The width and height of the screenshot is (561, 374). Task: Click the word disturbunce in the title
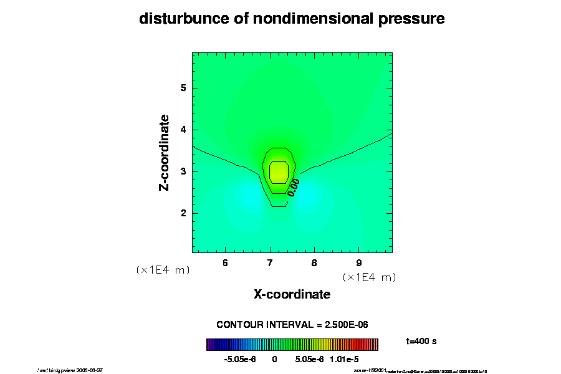pyautogui.click(x=178, y=19)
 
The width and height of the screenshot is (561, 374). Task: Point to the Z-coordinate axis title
pyautogui.click(x=165, y=153)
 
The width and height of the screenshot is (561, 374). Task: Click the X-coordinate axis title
pyautogui.click(x=292, y=294)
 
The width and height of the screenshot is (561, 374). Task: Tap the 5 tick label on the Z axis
pyautogui.click(x=184, y=88)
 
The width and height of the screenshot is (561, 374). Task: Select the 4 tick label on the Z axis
pyautogui.click(x=184, y=130)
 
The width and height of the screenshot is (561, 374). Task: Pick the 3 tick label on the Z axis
pyautogui.click(x=184, y=171)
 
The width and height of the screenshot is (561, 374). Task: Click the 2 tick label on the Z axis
pyautogui.click(x=184, y=213)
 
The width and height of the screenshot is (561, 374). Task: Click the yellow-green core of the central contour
pyautogui.click(x=279, y=171)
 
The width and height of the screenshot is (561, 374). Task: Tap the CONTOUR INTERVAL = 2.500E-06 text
pyautogui.click(x=292, y=325)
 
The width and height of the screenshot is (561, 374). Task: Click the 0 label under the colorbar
pyautogui.click(x=274, y=360)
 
